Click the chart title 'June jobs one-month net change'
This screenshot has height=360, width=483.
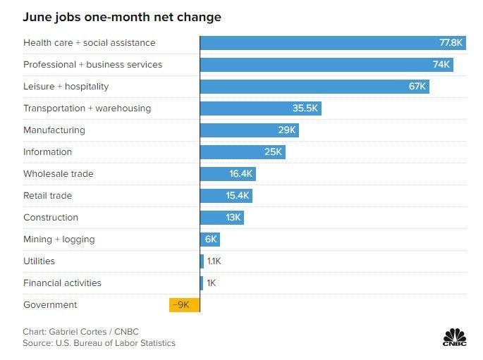tap(122, 17)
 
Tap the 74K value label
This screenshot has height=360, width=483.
tap(441, 65)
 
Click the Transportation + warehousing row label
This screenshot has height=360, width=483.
tap(87, 108)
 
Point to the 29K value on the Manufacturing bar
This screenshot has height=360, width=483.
tap(287, 130)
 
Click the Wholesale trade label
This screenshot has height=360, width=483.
tap(58, 174)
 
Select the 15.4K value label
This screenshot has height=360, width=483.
tap(238, 196)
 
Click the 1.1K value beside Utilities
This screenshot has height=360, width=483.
tap(214, 261)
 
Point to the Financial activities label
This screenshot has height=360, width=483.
tap(62, 283)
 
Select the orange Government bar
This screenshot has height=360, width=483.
tap(184, 305)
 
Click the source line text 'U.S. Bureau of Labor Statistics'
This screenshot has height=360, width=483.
tap(116, 343)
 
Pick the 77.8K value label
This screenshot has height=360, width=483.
tap(451, 43)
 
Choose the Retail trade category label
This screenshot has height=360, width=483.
tap(47, 196)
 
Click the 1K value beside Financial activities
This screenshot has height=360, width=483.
tap(212, 283)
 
